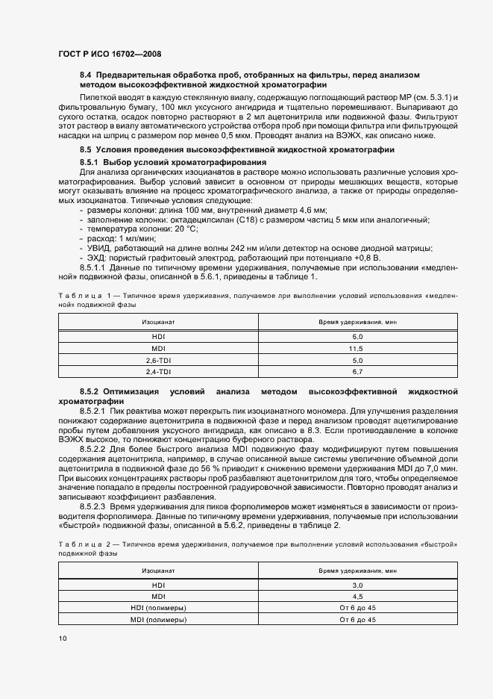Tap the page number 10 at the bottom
click(x=62, y=638)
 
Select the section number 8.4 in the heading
click(x=86, y=75)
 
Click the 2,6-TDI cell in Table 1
click(x=158, y=360)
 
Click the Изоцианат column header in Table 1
click(x=158, y=322)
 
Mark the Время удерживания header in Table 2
click(x=357, y=570)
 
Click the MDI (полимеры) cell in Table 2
click(x=158, y=619)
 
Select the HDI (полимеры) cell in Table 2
click(x=158, y=608)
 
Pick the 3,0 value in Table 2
click(x=357, y=585)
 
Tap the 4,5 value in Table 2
click(x=357, y=597)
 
